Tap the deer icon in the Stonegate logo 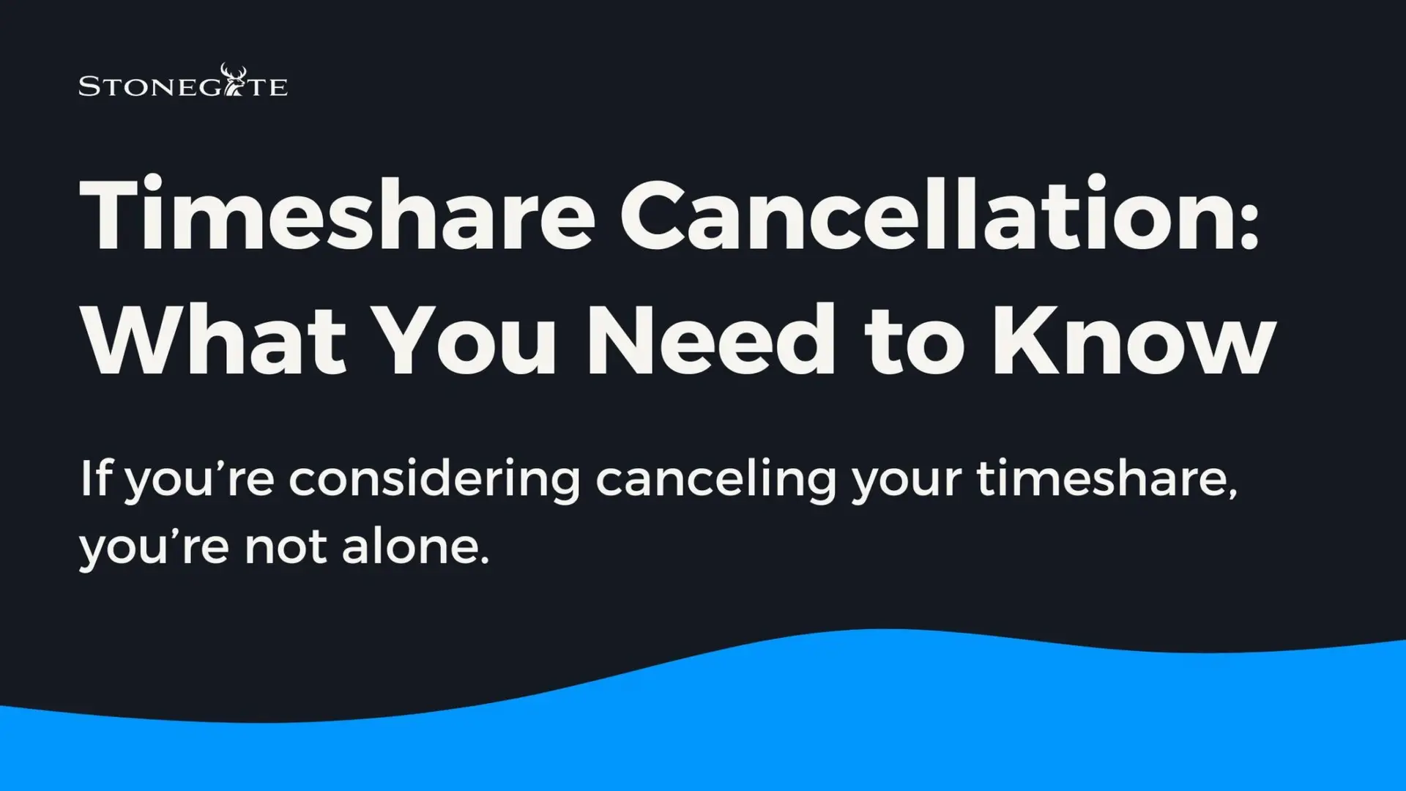click(x=234, y=80)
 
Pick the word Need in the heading click(x=710, y=340)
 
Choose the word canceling click(x=716, y=480)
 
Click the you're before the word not click(x=155, y=550)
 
